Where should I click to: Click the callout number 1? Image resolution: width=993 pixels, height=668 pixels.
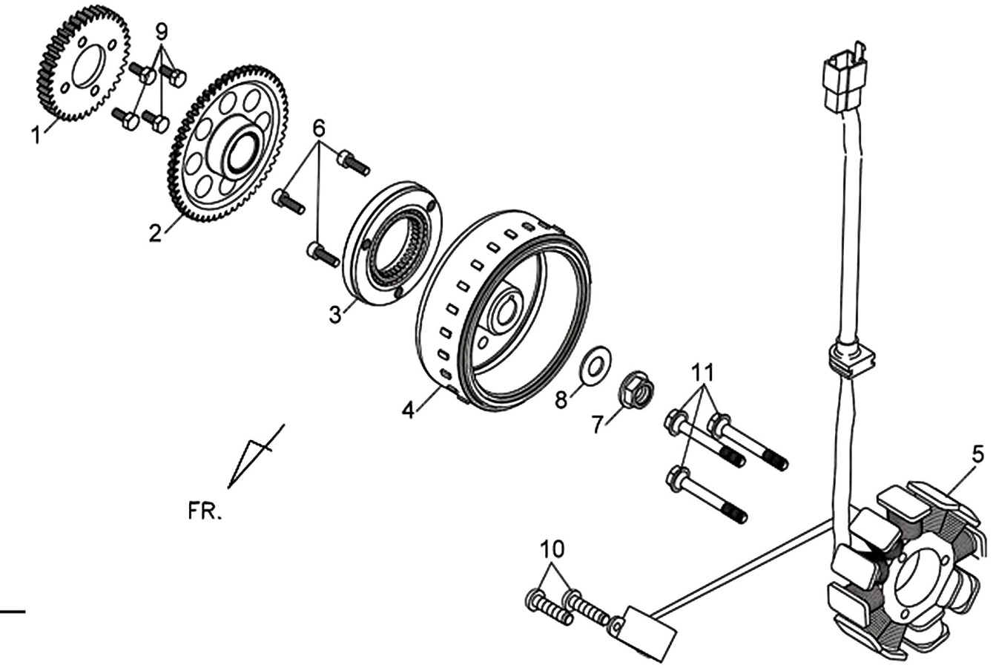tap(37, 134)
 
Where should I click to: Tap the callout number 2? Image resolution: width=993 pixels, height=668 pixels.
tap(155, 232)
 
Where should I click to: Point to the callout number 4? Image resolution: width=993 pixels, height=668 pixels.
tap(408, 410)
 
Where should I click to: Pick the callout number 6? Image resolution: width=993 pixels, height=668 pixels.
tap(319, 128)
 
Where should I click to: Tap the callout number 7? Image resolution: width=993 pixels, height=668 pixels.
tap(597, 425)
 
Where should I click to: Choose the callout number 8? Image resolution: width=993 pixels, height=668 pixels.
tap(561, 399)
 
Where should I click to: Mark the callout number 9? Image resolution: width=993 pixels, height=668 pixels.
tap(162, 31)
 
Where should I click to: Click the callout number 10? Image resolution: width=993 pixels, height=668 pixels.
tap(552, 549)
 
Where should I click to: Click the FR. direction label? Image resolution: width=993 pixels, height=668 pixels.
tap(204, 511)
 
